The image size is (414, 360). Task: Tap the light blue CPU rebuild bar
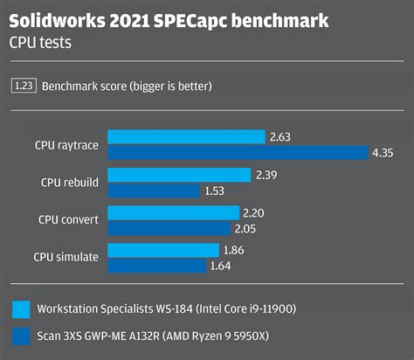pos(179,175)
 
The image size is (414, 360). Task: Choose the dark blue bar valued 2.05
pos(169,229)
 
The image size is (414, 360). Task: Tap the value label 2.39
pos(267,175)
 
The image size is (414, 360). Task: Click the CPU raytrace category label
pos(66,144)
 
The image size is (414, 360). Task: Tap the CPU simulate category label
pos(66,258)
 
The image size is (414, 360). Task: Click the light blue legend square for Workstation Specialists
pos(22,309)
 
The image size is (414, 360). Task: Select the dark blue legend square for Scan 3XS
pos(22,336)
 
